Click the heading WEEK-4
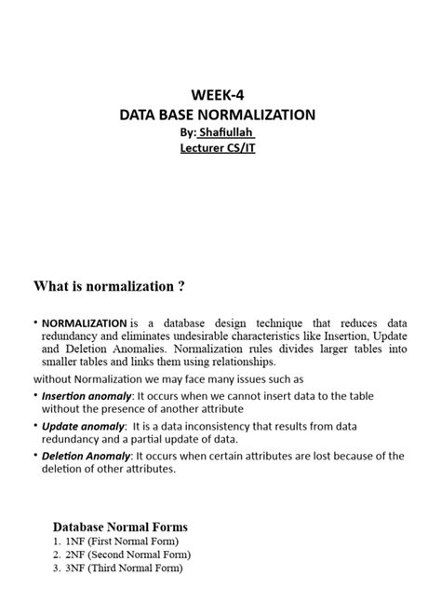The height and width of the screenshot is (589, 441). point(219,95)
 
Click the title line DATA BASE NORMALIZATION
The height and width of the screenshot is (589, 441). point(219,116)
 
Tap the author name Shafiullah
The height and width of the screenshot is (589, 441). point(233,133)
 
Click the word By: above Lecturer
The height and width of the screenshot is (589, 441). point(189,133)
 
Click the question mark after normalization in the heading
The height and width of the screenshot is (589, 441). point(193,285)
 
